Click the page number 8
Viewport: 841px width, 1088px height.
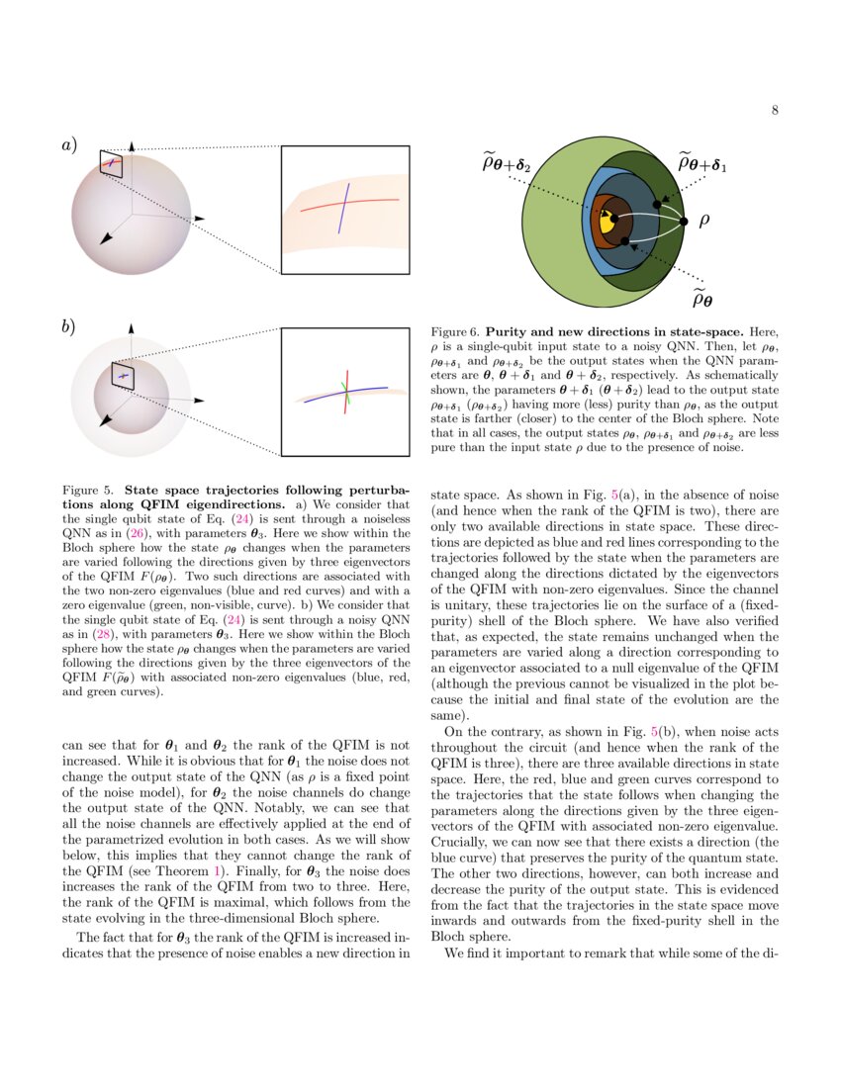pos(775,110)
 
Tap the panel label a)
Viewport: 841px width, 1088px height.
pos(69,144)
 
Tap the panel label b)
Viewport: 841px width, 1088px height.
pos(69,326)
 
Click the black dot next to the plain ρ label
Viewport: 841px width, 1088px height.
pos(683,221)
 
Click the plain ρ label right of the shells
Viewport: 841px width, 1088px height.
pos(704,221)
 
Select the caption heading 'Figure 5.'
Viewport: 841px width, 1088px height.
pos(89,490)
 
